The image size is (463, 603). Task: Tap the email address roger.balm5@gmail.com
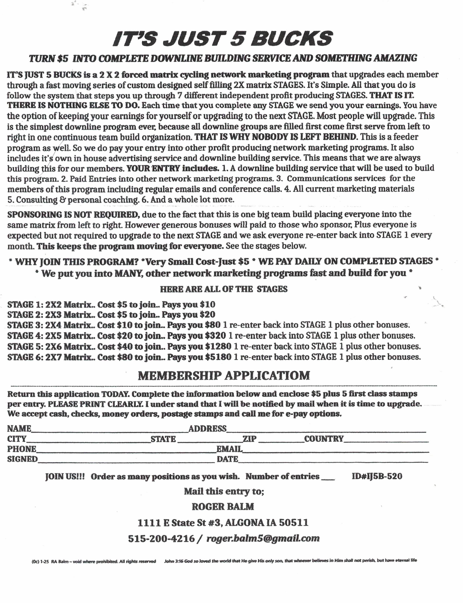coord(263,538)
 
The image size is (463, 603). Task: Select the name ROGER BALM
coord(223,506)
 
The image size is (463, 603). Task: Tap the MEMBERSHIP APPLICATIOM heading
coord(224,376)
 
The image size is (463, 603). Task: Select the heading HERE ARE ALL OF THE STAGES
coord(224,289)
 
